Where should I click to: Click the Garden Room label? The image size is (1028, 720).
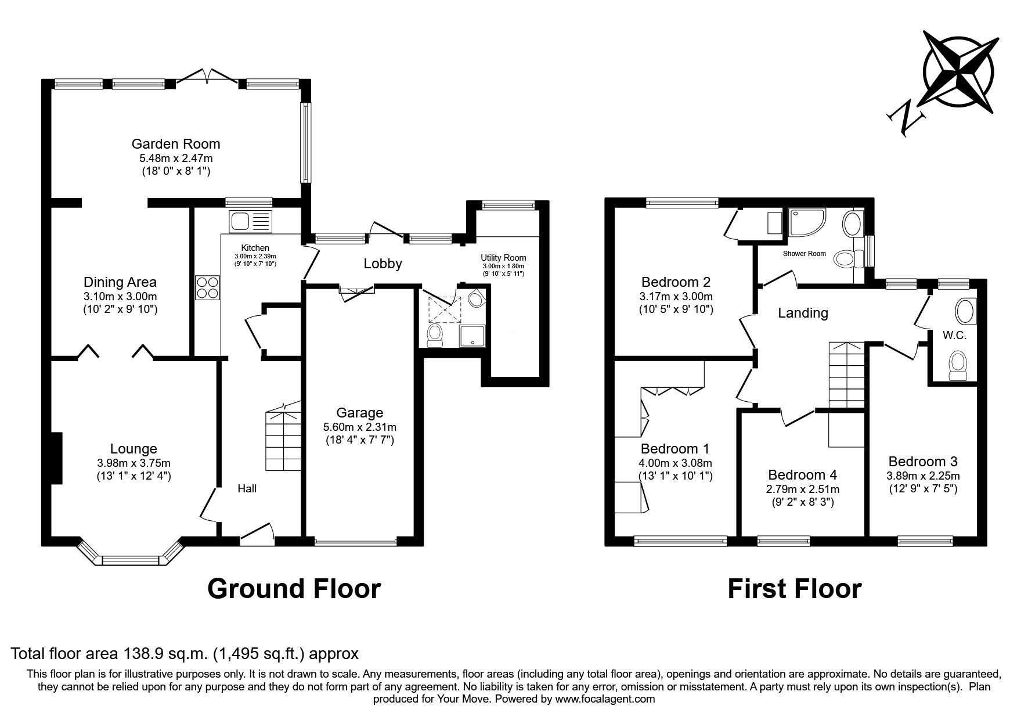pos(175,144)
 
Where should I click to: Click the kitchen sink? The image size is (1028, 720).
pos(250,221)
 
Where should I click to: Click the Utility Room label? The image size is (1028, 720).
pos(503,258)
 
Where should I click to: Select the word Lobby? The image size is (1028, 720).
pos(383,264)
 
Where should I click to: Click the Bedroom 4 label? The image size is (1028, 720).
pos(802,475)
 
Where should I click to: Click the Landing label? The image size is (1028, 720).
pos(803,314)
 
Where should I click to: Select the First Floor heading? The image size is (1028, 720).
pos(794,588)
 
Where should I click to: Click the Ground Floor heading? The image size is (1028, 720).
pos(294,588)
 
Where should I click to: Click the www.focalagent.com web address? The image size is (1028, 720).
pos(605,699)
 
